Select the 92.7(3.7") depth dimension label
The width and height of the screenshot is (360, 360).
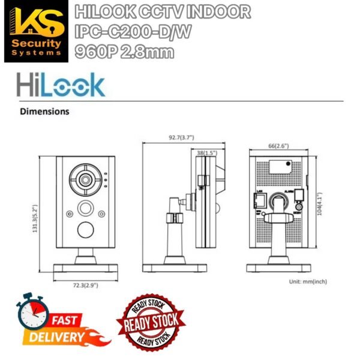coord(184,137)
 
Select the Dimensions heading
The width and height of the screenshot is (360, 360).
coord(44,111)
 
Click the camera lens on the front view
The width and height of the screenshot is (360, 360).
coord(83,179)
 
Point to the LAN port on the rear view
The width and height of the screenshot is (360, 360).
coord(260,197)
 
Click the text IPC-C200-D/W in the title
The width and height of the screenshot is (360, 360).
coord(131,32)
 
